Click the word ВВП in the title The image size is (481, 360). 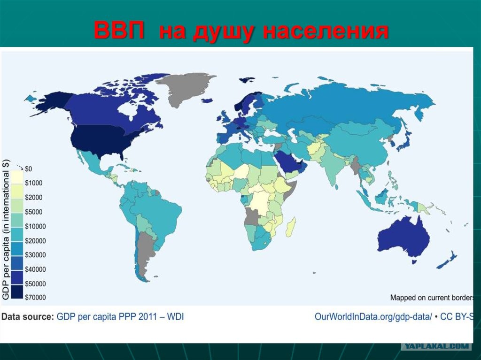click(119, 30)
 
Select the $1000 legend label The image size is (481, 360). click(34, 183)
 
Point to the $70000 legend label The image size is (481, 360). click(35, 297)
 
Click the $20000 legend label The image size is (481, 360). click(35, 241)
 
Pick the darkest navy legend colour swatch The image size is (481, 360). click(17, 291)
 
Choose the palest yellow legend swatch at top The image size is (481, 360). click(17, 177)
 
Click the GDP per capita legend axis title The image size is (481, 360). click(6, 230)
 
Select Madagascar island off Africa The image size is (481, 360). click(291, 226)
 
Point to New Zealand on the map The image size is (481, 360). click(448, 260)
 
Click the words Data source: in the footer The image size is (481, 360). click(28, 316)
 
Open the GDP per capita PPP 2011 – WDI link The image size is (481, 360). click(120, 316)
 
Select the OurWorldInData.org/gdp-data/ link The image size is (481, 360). click(373, 316)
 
